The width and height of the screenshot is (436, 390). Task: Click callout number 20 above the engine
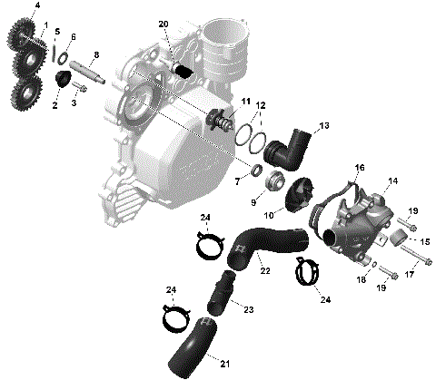pyautogui.click(x=163, y=24)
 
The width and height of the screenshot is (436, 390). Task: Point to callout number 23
pyautogui.click(x=247, y=308)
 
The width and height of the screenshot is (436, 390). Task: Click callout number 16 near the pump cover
pyautogui.click(x=360, y=168)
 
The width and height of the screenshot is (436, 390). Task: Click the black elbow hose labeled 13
pyautogui.click(x=292, y=146)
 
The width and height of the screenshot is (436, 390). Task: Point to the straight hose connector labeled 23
pyautogui.click(x=222, y=292)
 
